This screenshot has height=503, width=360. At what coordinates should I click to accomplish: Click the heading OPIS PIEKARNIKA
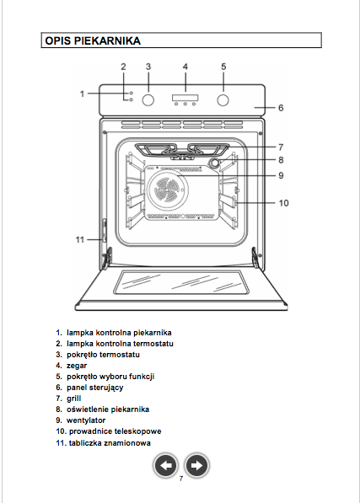(x=93, y=40)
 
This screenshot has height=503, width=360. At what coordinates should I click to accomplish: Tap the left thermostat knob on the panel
(x=148, y=100)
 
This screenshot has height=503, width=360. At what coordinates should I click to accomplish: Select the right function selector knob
(x=223, y=100)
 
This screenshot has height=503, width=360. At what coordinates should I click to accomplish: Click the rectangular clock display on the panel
(x=185, y=98)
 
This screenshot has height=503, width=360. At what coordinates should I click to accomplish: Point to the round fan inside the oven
(x=167, y=190)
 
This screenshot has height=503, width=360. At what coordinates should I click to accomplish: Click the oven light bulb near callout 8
(x=215, y=163)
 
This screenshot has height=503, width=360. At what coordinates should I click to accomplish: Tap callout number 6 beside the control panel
(x=281, y=108)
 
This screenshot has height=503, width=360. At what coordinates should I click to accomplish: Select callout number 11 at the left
(x=80, y=239)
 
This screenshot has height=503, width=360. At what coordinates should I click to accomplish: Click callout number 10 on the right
(x=283, y=203)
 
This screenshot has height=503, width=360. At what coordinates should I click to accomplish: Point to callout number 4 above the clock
(x=185, y=67)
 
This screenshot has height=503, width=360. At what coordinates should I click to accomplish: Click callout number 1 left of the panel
(x=82, y=94)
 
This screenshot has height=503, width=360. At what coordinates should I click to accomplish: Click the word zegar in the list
(x=77, y=366)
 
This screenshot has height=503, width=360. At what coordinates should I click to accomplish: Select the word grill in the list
(x=74, y=399)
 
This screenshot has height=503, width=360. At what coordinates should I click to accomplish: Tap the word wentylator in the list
(x=86, y=420)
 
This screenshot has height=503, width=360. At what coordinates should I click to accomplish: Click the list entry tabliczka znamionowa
(x=110, y=443)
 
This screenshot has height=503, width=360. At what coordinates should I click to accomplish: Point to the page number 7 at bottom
(x=181, y=479)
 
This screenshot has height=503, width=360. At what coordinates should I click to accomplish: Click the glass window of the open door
(x=181, y=282)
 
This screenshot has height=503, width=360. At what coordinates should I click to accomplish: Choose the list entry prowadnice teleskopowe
(x=116, y=431)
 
